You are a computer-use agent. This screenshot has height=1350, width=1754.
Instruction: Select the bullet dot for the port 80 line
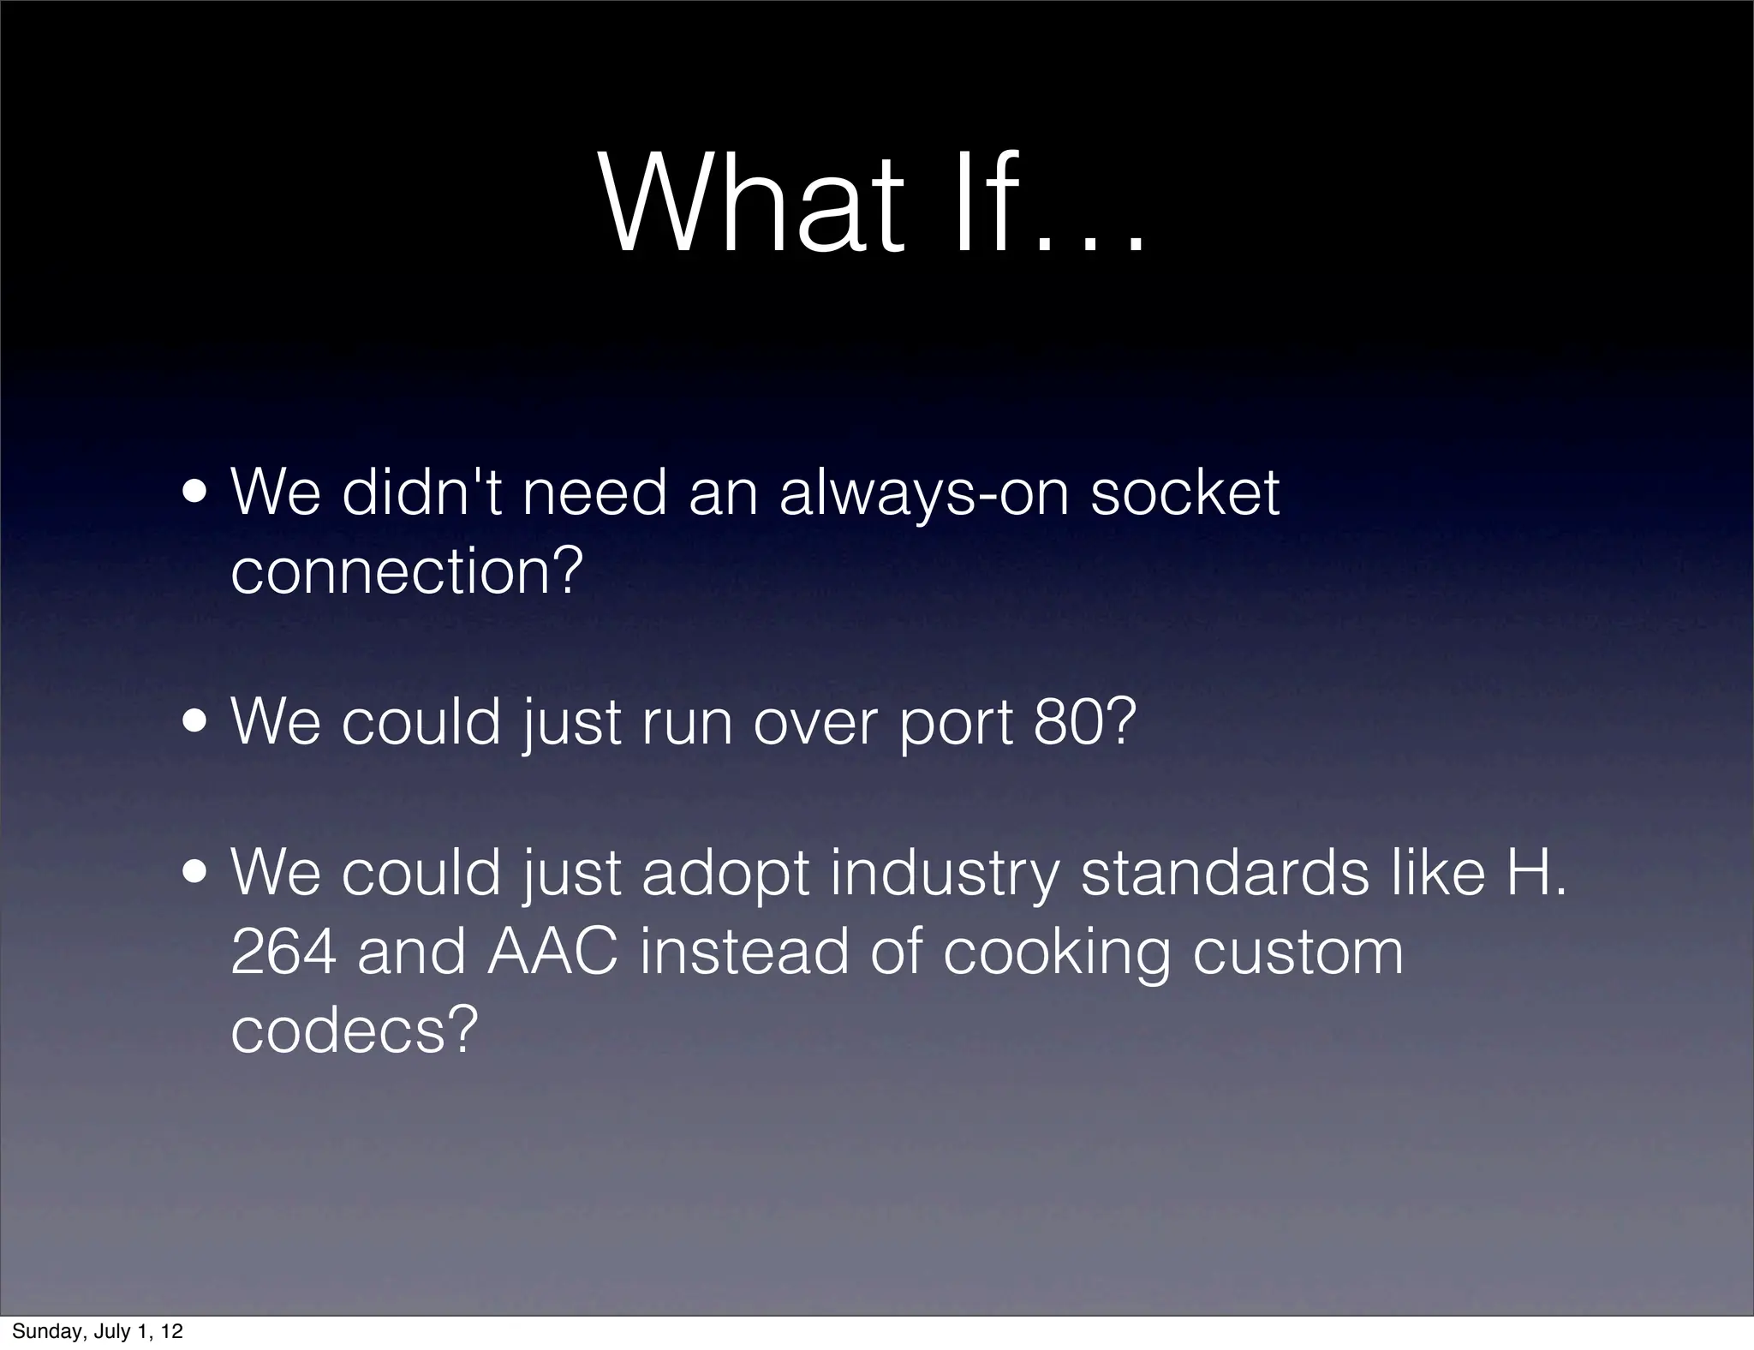[198, 724]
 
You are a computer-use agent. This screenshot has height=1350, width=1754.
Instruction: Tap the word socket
[1184, 494]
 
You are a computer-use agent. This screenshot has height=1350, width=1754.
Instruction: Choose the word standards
[1225, 874]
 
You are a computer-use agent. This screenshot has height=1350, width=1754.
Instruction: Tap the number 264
[283, 953]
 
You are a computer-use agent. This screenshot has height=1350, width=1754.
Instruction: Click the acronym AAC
[552, 953]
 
